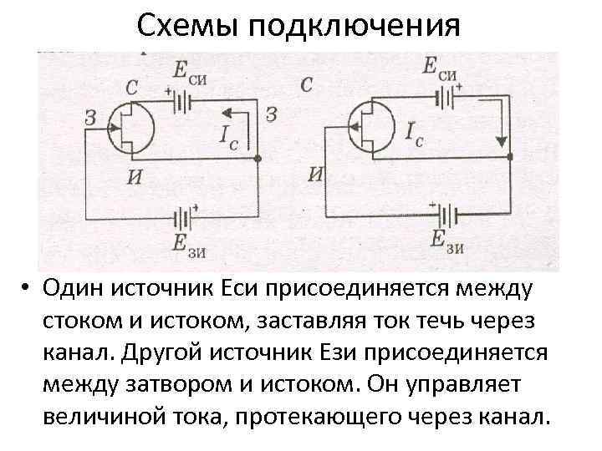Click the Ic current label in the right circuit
click(412, 134)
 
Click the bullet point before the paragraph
click(28, 289)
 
